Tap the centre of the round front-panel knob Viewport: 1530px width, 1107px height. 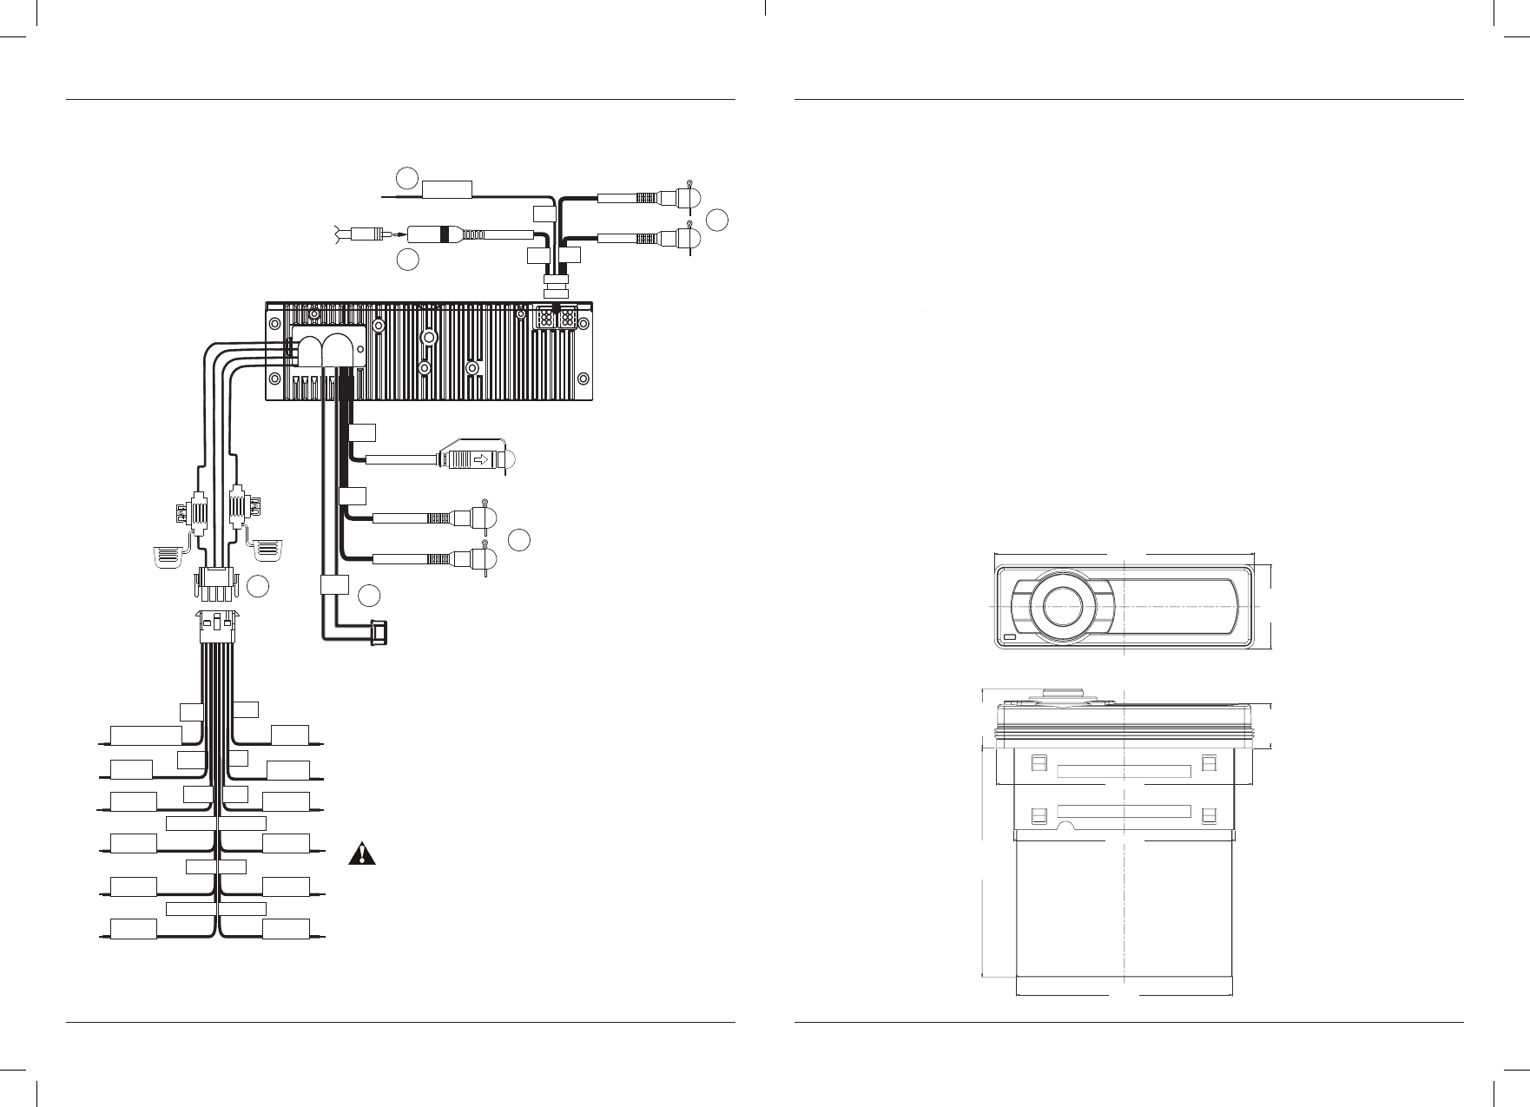point(1064,604)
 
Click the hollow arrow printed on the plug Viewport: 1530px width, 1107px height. point(476,459)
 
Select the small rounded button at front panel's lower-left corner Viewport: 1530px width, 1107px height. point(1009,638)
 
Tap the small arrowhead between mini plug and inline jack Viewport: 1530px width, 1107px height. point(399,234)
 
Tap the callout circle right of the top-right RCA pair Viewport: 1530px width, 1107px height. point(716,221)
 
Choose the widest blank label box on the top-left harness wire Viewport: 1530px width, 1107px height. point(146,735)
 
